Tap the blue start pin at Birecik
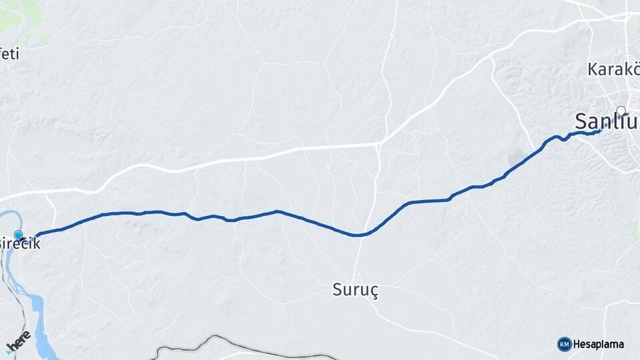tap(18, 235)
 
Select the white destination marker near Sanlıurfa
tap(621, 111)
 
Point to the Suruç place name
tap(355, 290)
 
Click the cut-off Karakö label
tap(612, 69)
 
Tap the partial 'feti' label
tap(9, 55)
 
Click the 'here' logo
tap(18, 341)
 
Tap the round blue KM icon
tap(564, 344)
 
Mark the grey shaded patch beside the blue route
tap(519, 159)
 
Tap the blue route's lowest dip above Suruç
tap(359, 235)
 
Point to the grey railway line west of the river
tap(8, 280)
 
